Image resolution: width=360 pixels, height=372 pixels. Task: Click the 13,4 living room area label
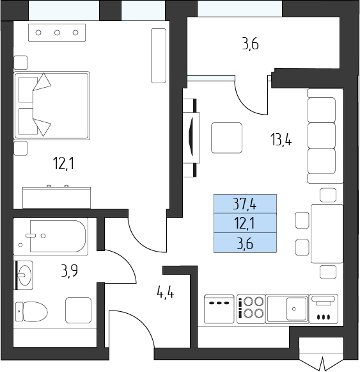(281, 140)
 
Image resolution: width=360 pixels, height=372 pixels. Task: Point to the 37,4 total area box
(245, 204)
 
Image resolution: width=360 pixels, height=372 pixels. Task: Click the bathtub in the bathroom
(51, 236)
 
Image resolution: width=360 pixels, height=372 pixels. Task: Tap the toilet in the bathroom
(31, 312)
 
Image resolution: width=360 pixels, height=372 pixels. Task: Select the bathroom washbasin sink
(24, 275)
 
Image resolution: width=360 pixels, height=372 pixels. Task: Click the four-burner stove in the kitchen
(251, 309)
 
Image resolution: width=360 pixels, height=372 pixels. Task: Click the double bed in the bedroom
(52, 106)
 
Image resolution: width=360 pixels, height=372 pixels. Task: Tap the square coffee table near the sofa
(226, 138)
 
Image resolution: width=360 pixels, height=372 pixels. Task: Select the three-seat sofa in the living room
(325, 136)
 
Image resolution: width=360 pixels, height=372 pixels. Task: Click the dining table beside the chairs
(327, 234)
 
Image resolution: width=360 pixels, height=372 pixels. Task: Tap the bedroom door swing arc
(142, 239)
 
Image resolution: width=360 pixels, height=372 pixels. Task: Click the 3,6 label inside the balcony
(250, 44)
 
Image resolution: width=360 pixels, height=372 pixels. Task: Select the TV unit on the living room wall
(191, 138)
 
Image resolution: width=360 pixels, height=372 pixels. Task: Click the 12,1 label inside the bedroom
(63, 164)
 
